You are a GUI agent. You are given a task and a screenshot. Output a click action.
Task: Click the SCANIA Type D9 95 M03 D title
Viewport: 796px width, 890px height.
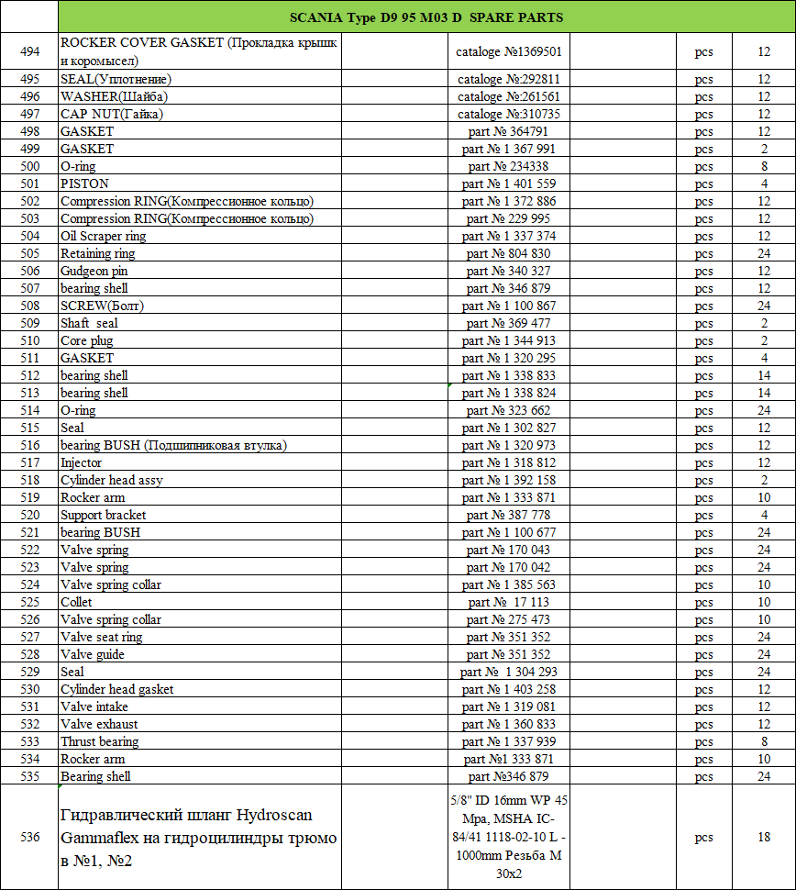426,17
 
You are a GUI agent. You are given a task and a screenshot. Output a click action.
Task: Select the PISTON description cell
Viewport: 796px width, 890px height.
84,184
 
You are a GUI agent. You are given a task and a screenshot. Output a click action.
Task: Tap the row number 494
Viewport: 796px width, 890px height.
29,52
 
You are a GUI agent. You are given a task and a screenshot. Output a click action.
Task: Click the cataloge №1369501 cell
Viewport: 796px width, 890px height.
508,52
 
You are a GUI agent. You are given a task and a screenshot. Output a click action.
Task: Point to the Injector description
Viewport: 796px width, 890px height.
82,462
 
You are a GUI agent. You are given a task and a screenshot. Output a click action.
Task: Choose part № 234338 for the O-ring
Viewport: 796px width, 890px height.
508,166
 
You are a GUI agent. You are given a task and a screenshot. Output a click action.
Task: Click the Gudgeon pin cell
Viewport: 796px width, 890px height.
94,271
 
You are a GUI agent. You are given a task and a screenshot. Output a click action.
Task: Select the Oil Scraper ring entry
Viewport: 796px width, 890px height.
103,236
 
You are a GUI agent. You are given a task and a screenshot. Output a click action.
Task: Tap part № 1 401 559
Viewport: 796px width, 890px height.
508,184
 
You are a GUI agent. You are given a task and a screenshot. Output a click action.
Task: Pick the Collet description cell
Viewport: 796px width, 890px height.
76,602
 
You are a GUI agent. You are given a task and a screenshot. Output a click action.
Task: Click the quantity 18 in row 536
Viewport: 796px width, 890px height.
764,837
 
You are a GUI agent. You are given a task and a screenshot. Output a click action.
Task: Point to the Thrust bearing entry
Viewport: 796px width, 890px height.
100,741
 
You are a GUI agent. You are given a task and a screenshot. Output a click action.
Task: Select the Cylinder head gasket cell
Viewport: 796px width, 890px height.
116,689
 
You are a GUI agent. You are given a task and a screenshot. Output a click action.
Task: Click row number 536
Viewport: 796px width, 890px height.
29,837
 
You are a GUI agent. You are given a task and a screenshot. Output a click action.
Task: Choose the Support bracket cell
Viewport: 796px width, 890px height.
103,515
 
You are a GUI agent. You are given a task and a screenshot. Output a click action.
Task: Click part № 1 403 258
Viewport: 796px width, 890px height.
508,689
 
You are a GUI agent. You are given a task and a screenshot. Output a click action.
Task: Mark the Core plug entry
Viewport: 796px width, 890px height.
87,340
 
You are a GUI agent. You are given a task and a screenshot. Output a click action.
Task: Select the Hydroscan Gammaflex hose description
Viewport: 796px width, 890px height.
199,837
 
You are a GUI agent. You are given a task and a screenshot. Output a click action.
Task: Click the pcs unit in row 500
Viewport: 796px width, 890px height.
703,166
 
